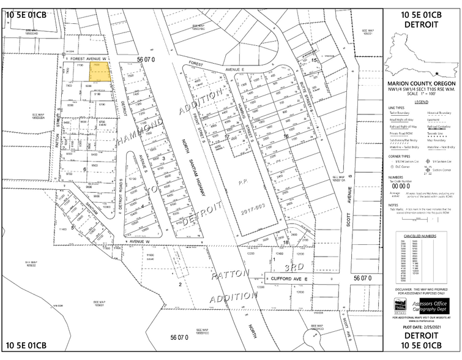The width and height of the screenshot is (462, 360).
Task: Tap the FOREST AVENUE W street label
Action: tap(86, 58)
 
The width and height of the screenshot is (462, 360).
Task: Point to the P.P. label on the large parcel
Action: tap(242, 181)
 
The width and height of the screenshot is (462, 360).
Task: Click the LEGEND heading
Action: tap(422, 102)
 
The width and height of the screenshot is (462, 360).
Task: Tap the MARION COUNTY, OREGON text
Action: tap(422, 83)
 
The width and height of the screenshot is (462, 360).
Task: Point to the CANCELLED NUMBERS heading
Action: tap(421, 235)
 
